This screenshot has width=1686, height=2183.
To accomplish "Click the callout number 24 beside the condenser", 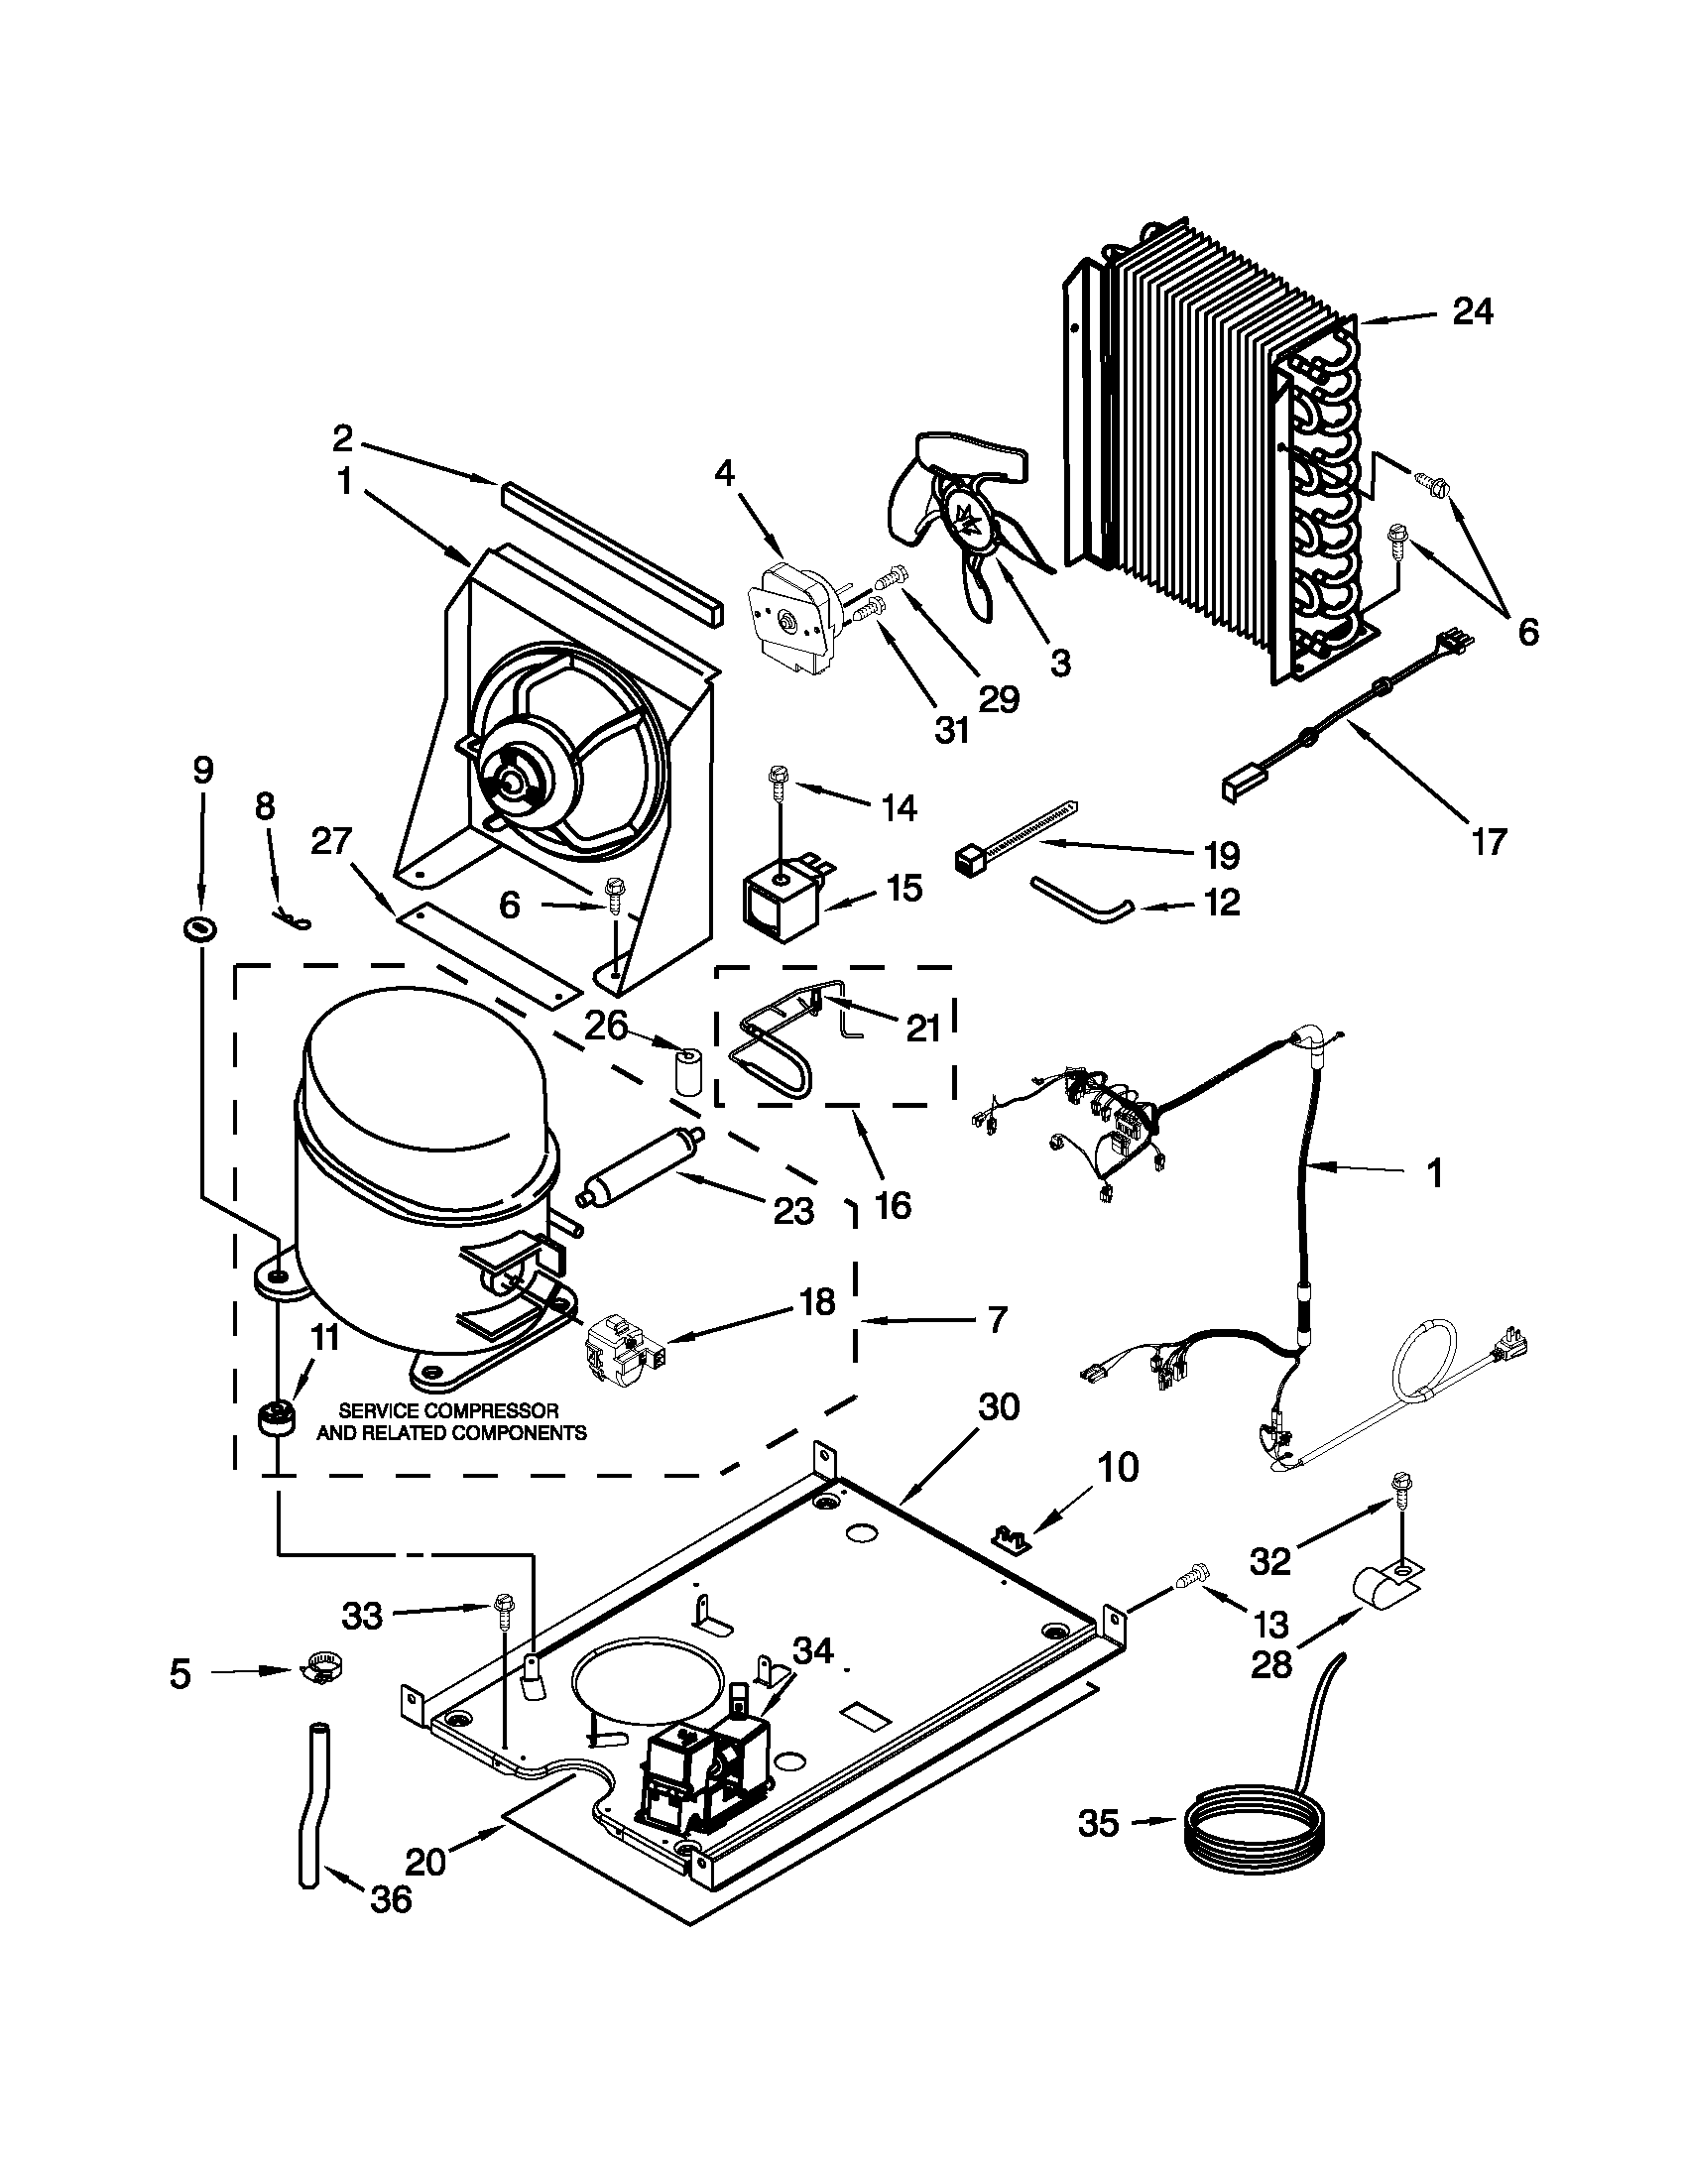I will point(1471,311).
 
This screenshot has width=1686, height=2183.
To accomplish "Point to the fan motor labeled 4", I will point(791,621).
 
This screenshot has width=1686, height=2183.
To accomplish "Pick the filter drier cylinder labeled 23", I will point(643,1166).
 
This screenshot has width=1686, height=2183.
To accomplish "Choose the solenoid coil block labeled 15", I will point(781,903).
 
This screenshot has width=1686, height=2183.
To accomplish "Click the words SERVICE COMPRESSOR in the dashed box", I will point(448,1410).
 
